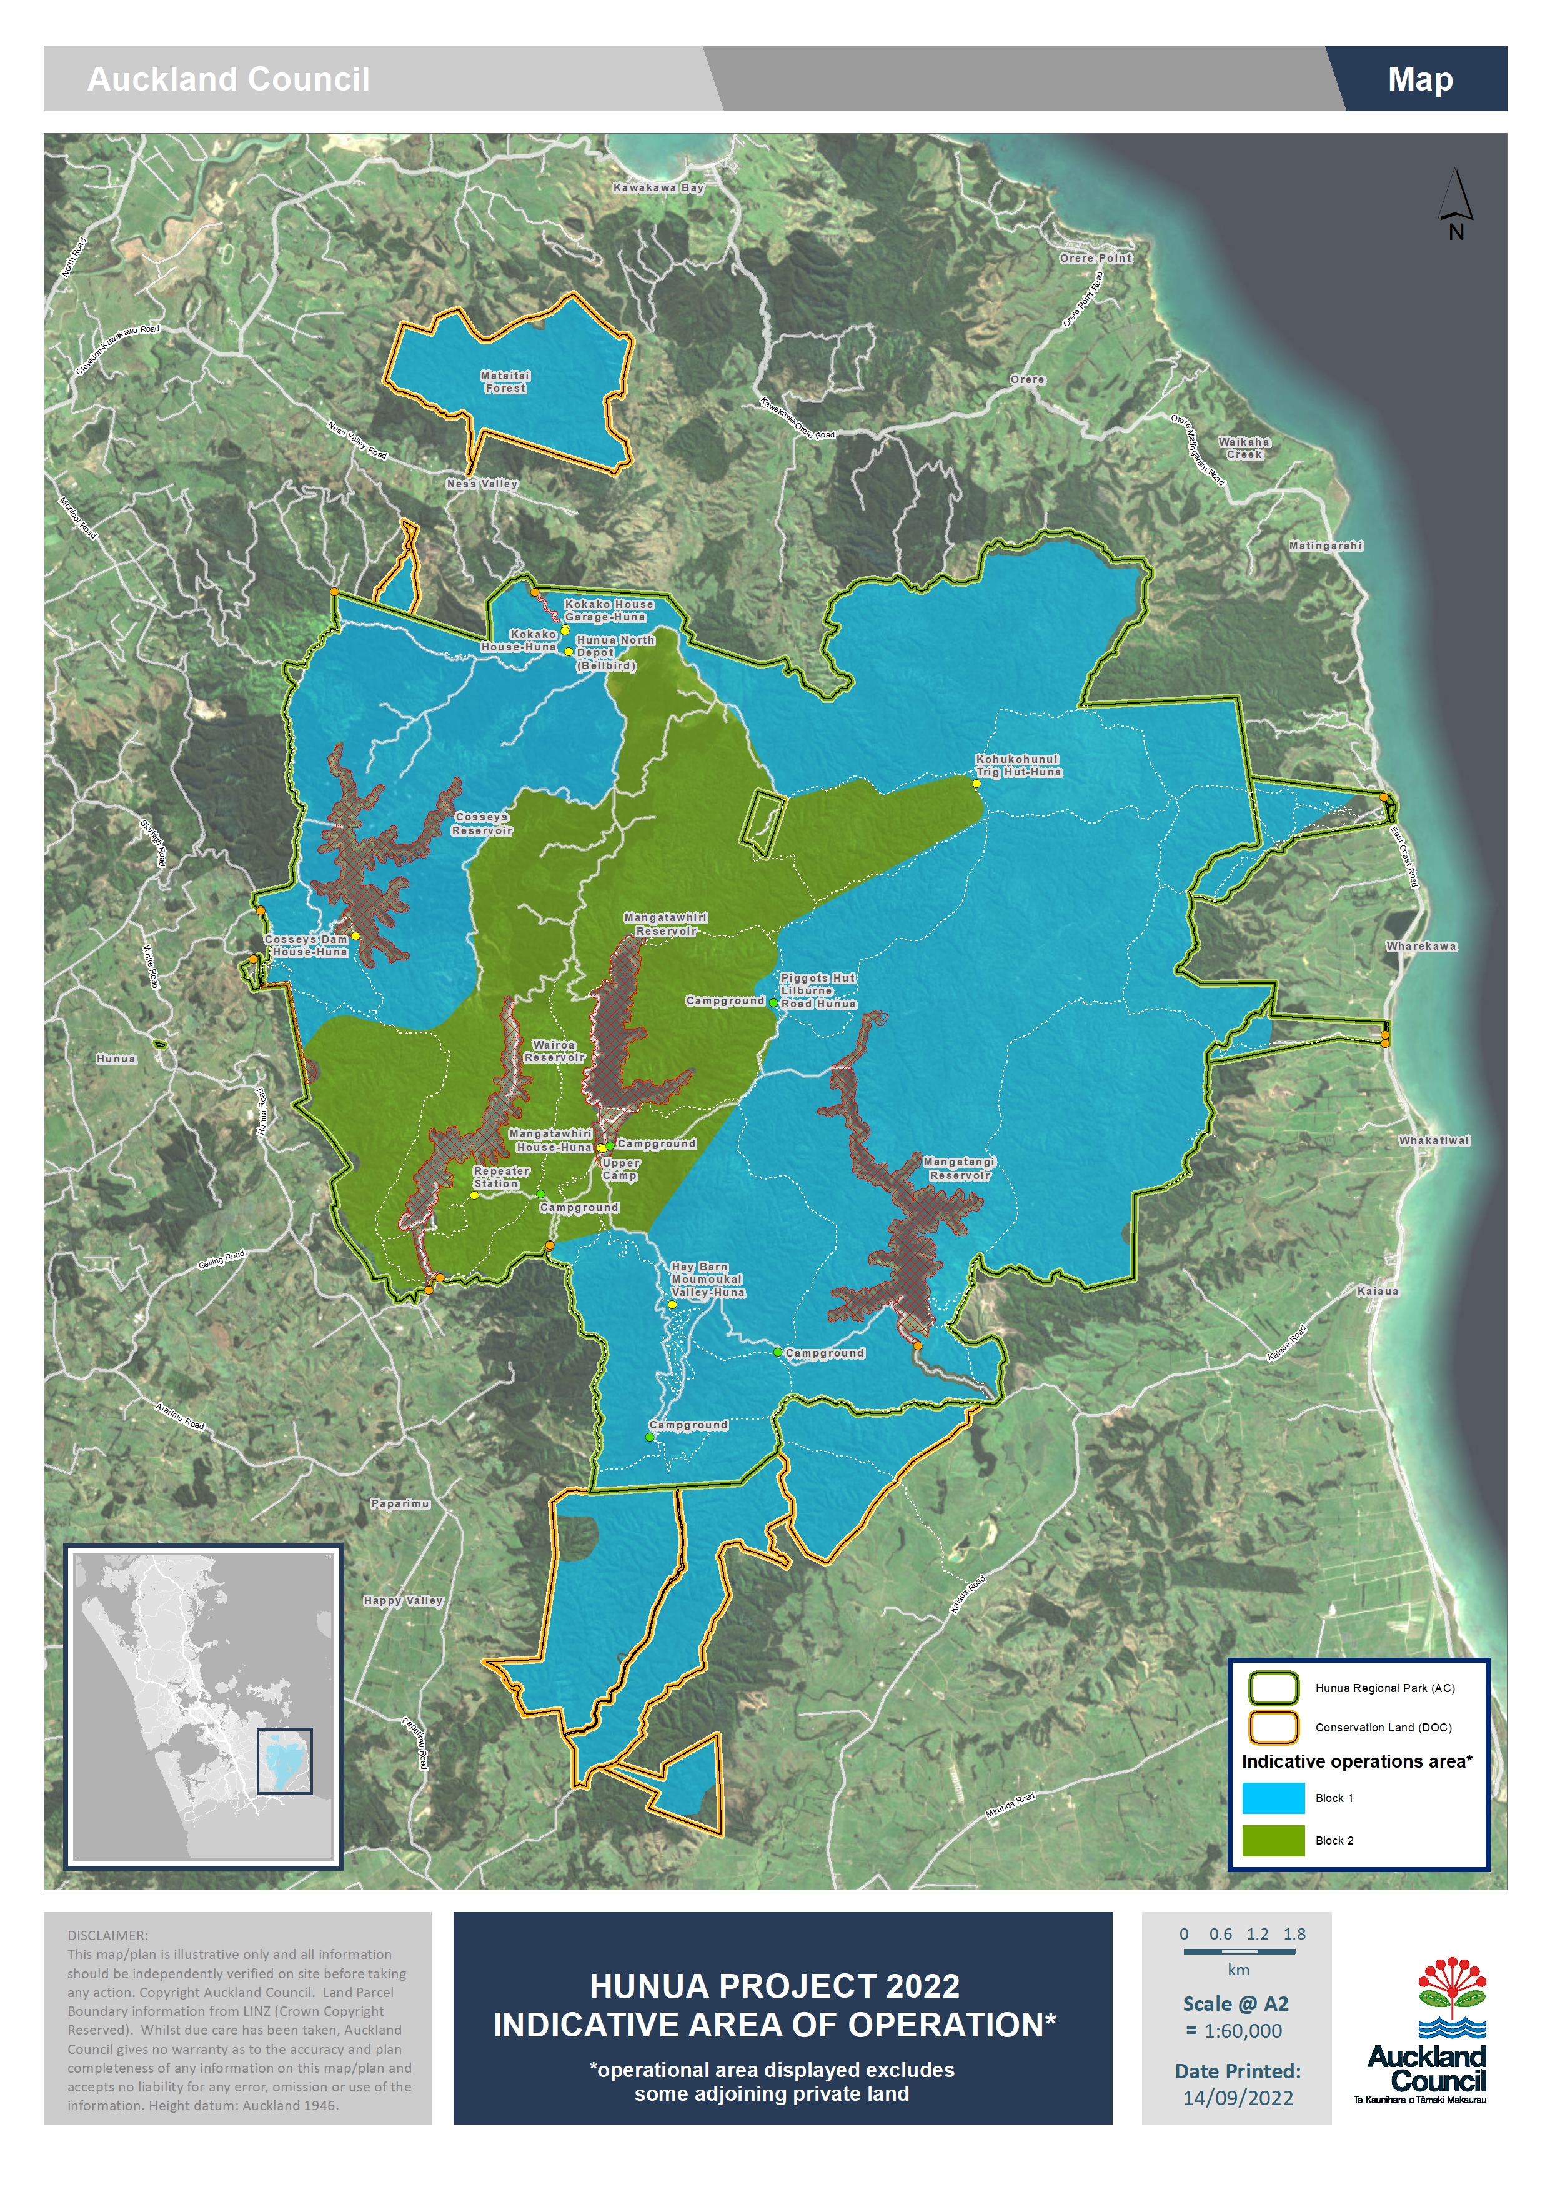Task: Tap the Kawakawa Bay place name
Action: click(658, 188)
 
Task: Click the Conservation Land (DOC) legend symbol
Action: click(1273, 1727)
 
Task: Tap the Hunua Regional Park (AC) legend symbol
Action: click(1273, 1688)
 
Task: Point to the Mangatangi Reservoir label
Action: click(959, 1168)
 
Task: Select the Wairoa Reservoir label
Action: click(555, 1051)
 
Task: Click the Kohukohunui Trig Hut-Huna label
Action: click(1018, 765)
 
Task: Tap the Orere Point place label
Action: click(1096, 258)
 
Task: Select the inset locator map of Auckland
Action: click(203, 1705)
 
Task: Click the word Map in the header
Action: click(1419, 79)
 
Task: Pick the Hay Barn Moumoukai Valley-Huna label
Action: click(707, 1279)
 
